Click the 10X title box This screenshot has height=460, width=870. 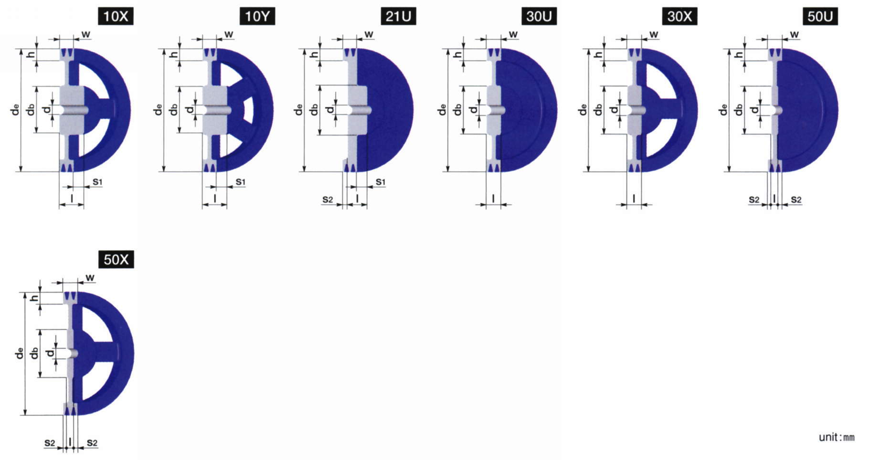[116, 17]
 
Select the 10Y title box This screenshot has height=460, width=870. [257, 17]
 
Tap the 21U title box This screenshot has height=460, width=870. [398, 17]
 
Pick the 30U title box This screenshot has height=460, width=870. [539, 17]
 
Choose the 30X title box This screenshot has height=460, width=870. [679, 17]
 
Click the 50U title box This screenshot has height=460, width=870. [820, 17]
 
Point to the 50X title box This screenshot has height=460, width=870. [116, 260]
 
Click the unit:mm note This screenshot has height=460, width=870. [837, 437]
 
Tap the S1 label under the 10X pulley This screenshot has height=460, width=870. [97, 182]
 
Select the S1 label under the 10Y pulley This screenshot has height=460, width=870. [240, 182]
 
